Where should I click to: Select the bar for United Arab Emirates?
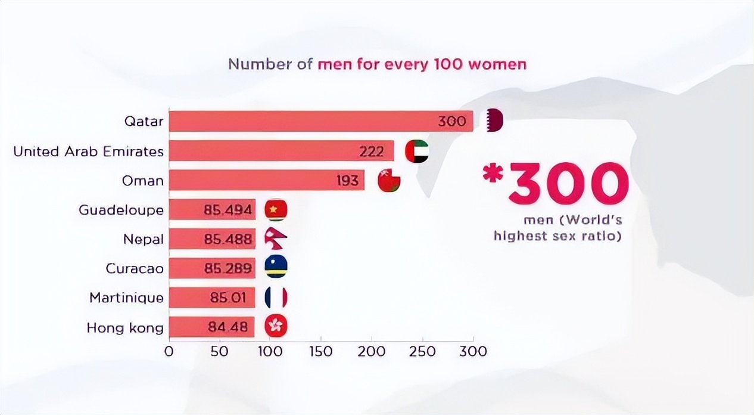281,151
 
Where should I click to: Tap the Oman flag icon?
389,181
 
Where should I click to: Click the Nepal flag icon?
276,239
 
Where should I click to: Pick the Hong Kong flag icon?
276,327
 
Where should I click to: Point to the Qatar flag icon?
495,121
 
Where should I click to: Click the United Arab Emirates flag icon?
416,151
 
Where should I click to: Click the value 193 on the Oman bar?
347,181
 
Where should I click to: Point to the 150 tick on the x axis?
321,351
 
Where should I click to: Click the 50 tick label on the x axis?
220,351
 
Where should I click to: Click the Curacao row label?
135,268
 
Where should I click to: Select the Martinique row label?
126,297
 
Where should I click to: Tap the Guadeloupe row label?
121,210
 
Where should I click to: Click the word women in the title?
497,64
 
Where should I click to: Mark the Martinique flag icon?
276,297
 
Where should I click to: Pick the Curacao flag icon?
276,268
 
